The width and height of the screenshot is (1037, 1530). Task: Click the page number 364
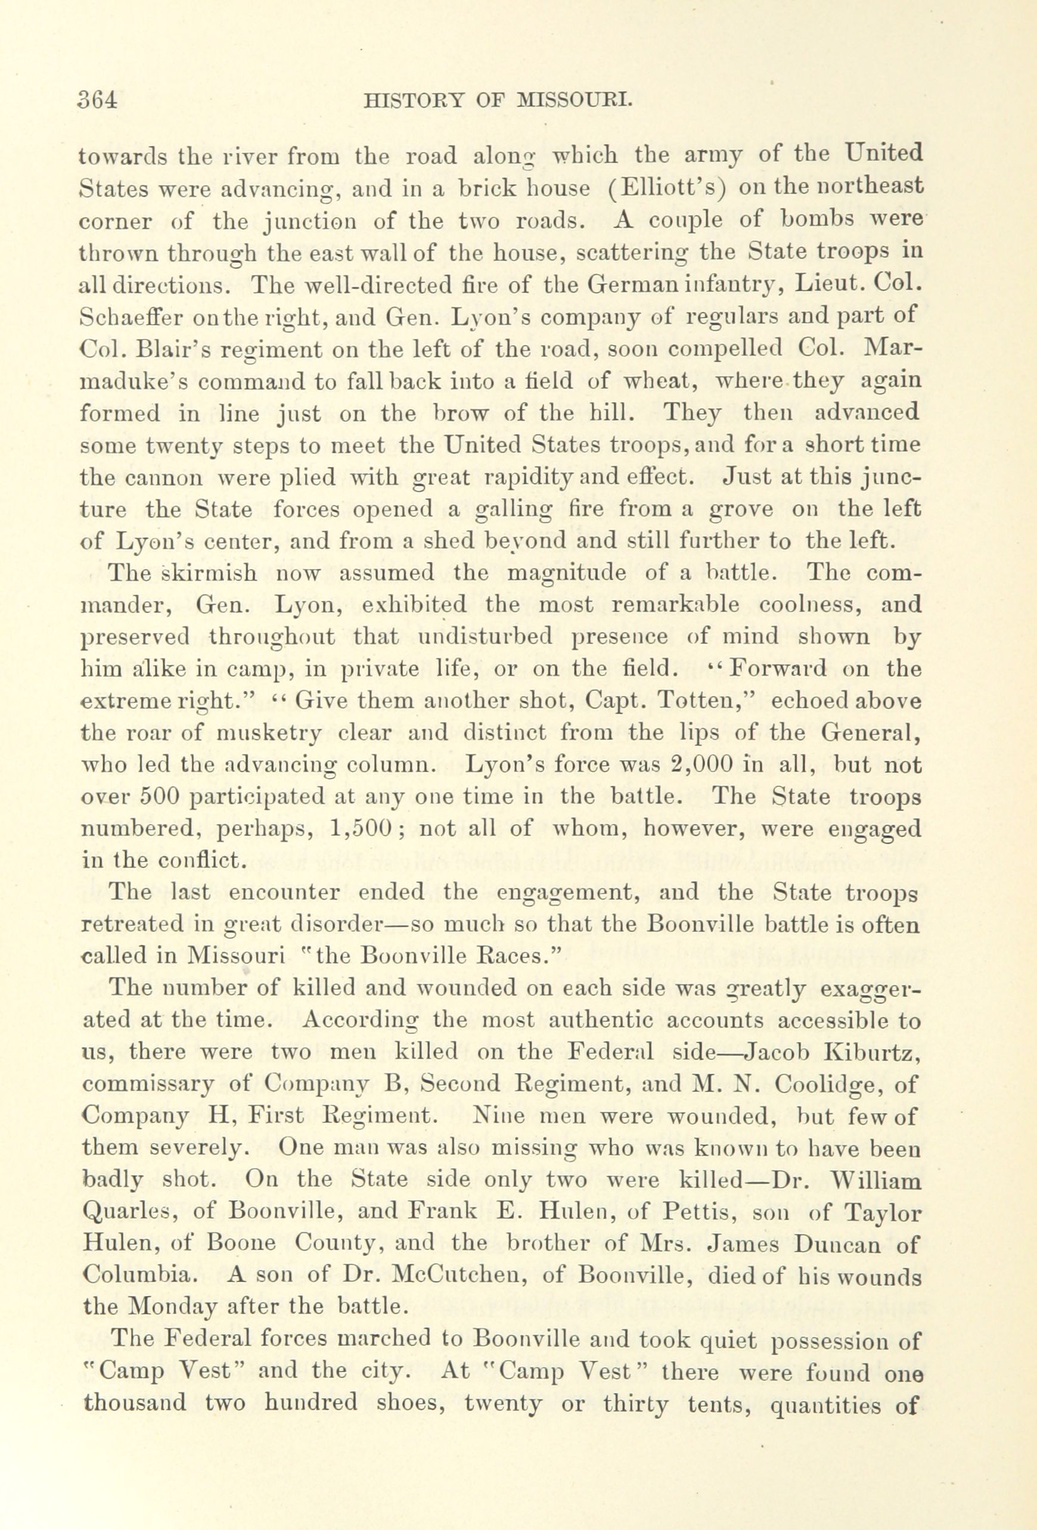pos(97,99)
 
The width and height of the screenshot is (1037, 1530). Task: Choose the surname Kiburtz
pos(871,1052)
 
